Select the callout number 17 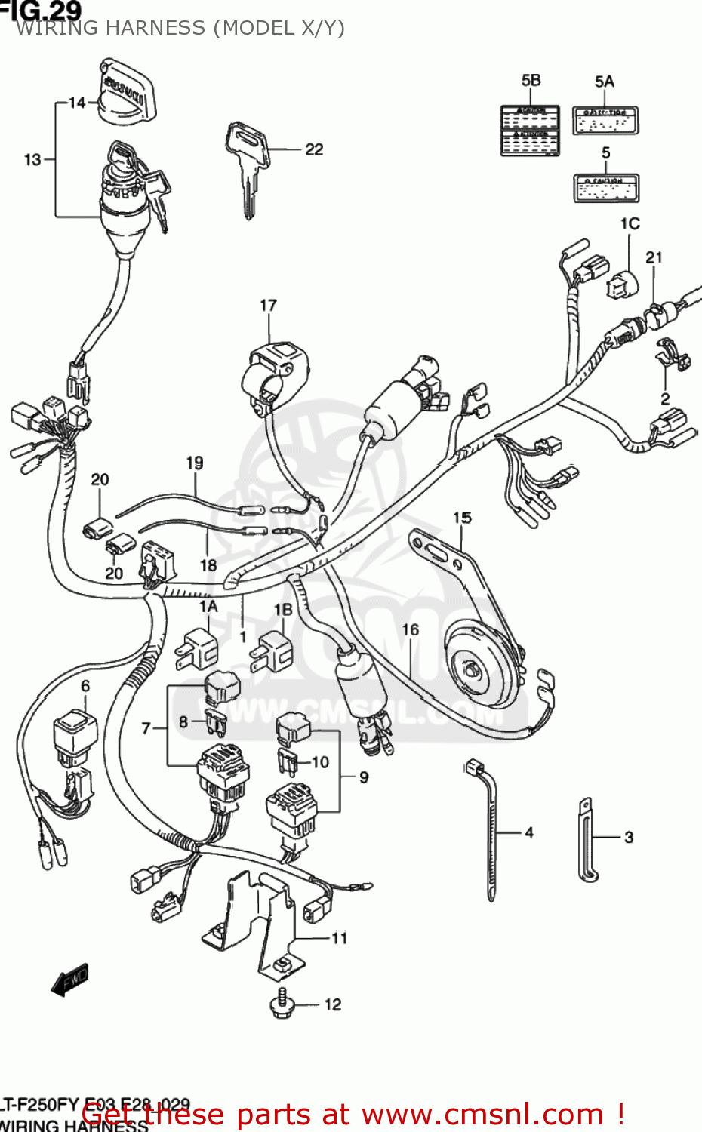click(x=268, y=306)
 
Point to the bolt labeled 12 click(x=282, y=1004)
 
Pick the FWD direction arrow click(x=70, y=980)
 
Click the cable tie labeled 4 click(x=491, y=830)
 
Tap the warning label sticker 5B click(x=530, y=131)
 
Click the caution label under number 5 click(x=606, y=188)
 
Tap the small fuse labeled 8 click(x=216, y=722)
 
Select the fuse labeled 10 click(x=288, y=762)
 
